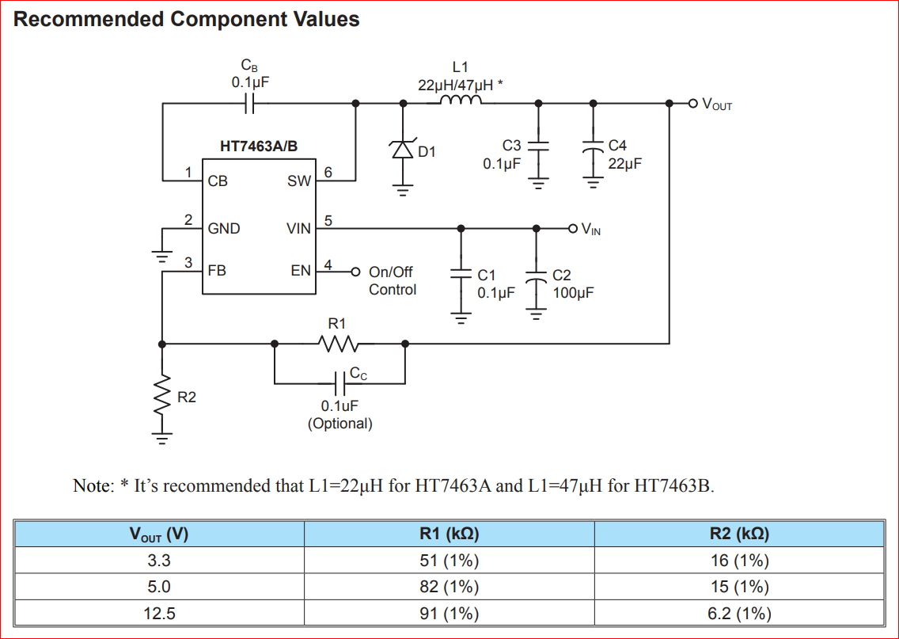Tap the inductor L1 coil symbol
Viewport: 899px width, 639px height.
tap(460, 101)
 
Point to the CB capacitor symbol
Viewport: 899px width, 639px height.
tap(250, 102)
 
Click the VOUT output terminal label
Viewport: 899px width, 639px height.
tap(717, 105)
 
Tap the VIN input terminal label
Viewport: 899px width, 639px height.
tap(590, 230)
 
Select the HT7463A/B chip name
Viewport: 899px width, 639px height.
tap(259, 146)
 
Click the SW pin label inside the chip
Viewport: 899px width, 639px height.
tap(299, 181)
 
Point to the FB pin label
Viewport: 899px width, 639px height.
tap(217, 270)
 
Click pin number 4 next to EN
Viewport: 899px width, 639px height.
tap(328, 263)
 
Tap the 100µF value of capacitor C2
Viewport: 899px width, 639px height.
tap(573, 292)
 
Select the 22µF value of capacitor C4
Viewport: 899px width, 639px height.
tap(624, 164)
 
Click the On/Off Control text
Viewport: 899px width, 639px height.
tap(392, 280)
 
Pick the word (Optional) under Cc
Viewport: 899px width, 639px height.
tap(339, 424)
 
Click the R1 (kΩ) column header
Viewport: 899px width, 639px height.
tap(449, 534)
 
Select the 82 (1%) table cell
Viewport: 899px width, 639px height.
tap(449, 587)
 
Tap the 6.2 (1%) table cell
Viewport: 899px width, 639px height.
tap(739, 613)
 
